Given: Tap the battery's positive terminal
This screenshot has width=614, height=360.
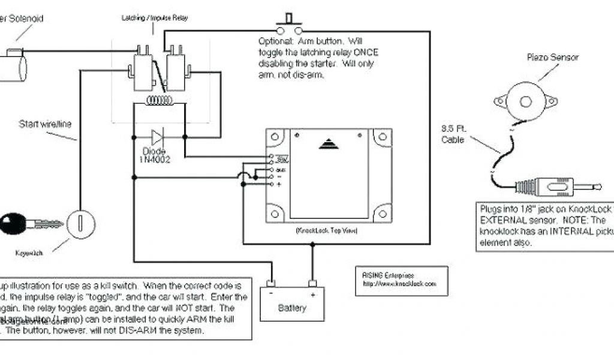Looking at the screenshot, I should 312,283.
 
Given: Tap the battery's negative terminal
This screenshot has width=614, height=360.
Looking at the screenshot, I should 271,283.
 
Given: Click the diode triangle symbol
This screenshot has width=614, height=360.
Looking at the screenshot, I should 158,137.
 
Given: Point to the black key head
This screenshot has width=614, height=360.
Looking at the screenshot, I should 13,225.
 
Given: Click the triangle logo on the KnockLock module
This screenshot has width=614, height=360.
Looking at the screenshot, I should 327,144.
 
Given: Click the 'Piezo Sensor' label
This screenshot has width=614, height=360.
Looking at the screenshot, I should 544,58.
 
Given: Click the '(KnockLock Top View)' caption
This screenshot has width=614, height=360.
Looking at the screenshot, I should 326,230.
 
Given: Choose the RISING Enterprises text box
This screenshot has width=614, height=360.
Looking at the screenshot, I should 401,280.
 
